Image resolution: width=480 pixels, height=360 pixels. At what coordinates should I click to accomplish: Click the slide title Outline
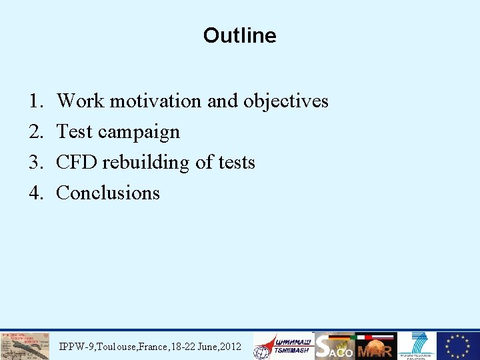(x=239, y=35)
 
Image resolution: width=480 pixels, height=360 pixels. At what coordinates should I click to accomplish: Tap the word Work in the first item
(x=81, y=101)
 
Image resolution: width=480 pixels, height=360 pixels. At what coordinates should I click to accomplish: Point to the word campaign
(x=139, y=132)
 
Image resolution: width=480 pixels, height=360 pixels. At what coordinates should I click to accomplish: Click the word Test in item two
(x=75, y=131)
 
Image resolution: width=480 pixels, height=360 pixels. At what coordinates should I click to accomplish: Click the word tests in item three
(x=234, y=162)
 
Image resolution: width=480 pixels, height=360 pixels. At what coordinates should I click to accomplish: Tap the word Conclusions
(x=108, y=193)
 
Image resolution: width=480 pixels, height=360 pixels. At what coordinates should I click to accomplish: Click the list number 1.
(x=35, y=101)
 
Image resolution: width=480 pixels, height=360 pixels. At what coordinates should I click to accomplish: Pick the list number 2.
(x=35, y=131)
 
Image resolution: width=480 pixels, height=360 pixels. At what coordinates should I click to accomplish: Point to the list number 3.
(x=35, y=162)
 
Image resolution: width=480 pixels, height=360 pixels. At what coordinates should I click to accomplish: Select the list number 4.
(x=35, y=193)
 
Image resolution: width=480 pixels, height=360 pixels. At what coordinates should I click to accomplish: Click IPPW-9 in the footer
(x=75, y=347)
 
